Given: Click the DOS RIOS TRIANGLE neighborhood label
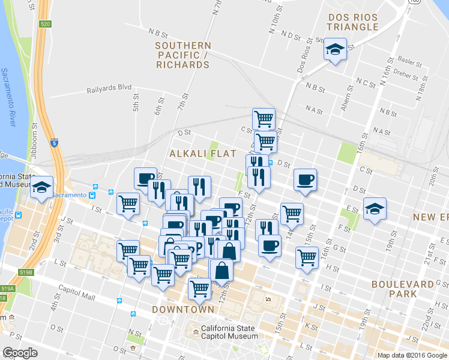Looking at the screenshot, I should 353,21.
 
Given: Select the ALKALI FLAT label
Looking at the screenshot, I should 193,154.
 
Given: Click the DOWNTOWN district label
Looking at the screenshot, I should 183,310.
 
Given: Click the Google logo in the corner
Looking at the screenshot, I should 20,353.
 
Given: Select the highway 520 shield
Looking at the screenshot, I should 46,24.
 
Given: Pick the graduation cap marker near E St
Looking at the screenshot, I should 375,209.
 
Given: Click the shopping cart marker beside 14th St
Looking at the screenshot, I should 291,212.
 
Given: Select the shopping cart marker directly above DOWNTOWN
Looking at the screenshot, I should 199,288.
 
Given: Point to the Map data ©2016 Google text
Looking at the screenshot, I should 412,355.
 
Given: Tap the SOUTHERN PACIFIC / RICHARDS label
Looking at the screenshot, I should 183,55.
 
